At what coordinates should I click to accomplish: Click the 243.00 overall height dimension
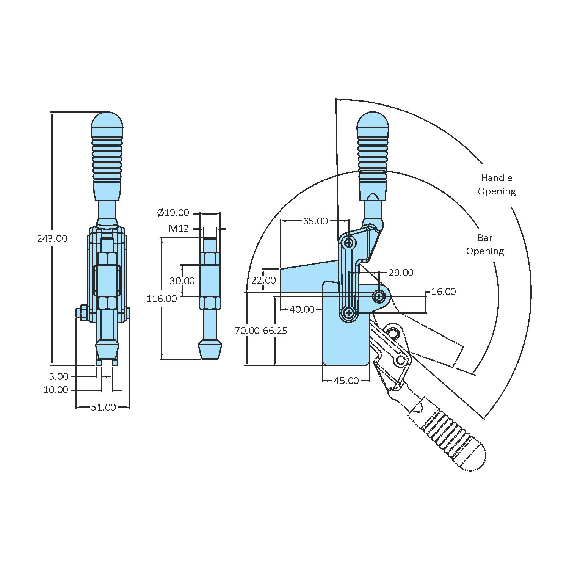(x=52, y=238)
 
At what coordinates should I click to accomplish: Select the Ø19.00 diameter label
(x=173, y=213)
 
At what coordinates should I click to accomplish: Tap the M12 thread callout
(x=179, y=228)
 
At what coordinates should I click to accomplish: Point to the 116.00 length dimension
(x=162, y=299)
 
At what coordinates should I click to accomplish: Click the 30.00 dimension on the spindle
(x=182, y=281)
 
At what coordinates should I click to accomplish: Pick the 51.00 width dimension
(x=103, y=407)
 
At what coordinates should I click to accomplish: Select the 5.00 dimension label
(x=59, y=376)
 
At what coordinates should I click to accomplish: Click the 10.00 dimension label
(x=56, y=390)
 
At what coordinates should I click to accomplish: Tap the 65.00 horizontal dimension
(x=315, y=221)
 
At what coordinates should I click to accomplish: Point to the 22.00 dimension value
(x=263, y=280)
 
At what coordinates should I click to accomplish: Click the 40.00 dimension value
(x=302, y=309)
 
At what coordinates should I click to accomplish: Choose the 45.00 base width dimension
(x=346, y=381)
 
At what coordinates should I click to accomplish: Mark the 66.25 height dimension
(x=275, y=331)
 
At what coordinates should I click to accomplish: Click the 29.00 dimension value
(x=401, y=273)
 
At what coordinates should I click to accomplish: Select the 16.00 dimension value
(x=444, y=292)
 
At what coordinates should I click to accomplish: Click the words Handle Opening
(x=497, y=185)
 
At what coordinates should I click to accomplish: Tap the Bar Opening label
(x=485, y=245)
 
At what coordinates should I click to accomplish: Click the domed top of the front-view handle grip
(x=107, y=121)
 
